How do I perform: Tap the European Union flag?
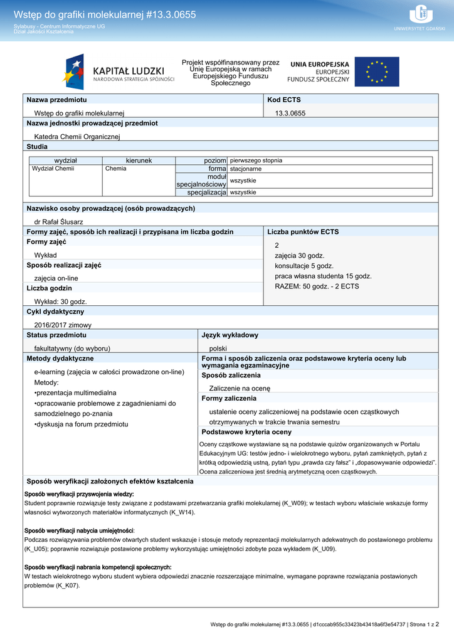[x=376, y=72]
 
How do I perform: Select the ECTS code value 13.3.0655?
[x=290, y=113]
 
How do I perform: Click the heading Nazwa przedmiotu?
[x=56, y=100]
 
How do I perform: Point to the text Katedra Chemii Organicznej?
[x=77, y=136]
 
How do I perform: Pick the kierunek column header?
[x=139, y=160]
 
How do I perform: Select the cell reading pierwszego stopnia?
[x=256, y=160]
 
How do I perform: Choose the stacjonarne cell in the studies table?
[x=246, y=169]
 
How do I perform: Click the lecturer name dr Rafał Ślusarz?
[x=58, y=221]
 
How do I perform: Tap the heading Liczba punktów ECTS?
[x=303, y=232]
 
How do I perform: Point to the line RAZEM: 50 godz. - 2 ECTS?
[x=317, y=286]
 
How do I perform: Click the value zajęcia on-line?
[x=56, y=278]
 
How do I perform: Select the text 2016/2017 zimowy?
[x=63, y=325]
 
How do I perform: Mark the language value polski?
[x=218, y=348]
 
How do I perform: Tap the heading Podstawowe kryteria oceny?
[x=246, y=432]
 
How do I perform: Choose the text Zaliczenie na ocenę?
[x=240, y=388]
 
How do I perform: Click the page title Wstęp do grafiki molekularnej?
[x=105, y=14]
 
